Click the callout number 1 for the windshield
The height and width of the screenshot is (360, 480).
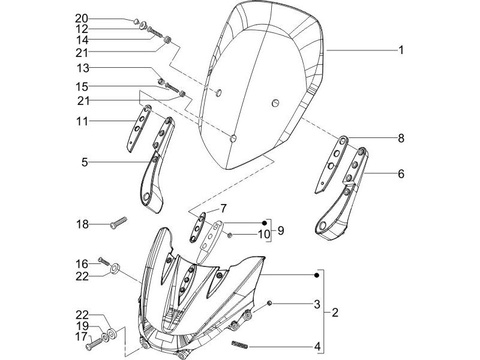click(x=401, y=50)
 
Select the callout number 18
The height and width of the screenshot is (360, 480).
click(x=82, y=224)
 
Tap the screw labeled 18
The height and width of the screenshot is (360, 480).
click(x=118, y=223)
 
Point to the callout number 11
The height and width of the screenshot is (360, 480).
click(x=82, y=122)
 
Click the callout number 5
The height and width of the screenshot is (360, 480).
click(x=85, y=162)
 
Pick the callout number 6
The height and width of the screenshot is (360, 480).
click(x=401, y=174)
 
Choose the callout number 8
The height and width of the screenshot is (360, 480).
click(x=223, y=209)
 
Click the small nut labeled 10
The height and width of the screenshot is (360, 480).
click(x=401, y=139)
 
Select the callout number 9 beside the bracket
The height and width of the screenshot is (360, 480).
click(x=281, y=230)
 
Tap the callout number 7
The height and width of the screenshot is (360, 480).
click(x=230, y=235)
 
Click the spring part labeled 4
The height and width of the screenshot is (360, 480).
click(x=239, y=346)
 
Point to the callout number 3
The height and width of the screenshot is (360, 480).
click(x=317, y=305)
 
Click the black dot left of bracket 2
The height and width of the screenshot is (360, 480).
click(x=317, y=275)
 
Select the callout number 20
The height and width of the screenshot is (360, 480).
click(x=82, y=19)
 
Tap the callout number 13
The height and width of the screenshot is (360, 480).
click(x=83, y=68)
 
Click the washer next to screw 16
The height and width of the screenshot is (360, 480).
click(x=115, y=269)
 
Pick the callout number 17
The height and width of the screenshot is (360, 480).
click(x=82, y=337)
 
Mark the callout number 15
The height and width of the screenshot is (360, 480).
click(x=82, y=87)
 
